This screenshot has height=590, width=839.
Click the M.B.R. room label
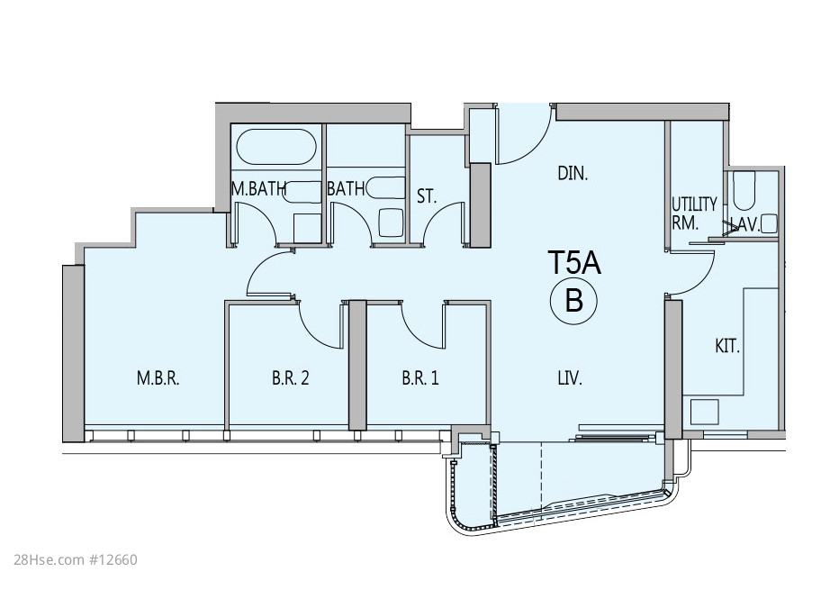pyautogui.click(x=158, y=378)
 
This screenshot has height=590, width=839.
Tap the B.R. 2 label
pyautogui.click(x=291, y=378)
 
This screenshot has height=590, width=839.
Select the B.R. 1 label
pyautogui.click(x=420, y=378)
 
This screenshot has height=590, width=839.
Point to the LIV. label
pyautogui.click(x=570, y=378)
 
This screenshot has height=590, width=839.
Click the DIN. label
pyautogui.click(x=573, y=174)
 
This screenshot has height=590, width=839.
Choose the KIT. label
pyautogui.click(x=727, y=347)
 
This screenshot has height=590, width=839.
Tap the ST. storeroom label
pyautogui.click(x=427, y=196)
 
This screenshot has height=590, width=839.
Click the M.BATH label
pyautogui.click(x=258, y=188)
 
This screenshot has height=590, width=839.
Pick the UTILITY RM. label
pyautogui.click(x=694, y=213)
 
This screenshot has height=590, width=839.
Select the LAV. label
pyautogui.click(x=744, y=225)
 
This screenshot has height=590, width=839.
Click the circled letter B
pyautogui.click(x=573, y=301)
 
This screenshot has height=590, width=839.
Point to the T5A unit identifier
pyautogui.click(x=574, y=263)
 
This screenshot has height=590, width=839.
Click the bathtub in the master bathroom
pyautogui.click(x=276, y=146)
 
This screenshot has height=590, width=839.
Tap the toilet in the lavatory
pyautogui.click(x=744, y=191)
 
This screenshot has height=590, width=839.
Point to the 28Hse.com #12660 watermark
pyautogui.click(x=76, y=560)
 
